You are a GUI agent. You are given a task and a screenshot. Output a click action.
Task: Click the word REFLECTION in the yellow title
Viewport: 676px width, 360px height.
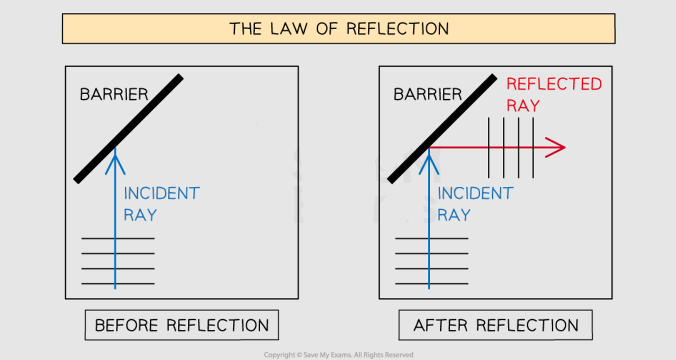tap(398, 29)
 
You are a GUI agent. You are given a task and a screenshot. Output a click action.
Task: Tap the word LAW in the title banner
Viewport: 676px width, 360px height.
tap(289, 29)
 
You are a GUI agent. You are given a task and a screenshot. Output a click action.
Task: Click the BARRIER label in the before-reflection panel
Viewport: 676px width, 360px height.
tap(114, 94)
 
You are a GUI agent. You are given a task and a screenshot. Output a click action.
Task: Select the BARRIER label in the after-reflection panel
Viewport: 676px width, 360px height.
tap(428, 94)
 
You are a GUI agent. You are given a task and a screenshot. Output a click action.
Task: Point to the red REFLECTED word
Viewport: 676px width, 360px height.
tap(554, 84)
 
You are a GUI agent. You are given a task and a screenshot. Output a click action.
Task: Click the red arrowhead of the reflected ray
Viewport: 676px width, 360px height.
tap(555, 147)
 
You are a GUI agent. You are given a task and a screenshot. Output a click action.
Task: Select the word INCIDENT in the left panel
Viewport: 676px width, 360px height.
tap(162, 193)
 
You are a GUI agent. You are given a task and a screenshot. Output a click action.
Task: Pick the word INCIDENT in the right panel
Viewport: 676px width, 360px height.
tap(475, 193)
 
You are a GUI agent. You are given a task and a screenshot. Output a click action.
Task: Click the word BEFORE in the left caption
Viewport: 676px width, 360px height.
tap(126, 325)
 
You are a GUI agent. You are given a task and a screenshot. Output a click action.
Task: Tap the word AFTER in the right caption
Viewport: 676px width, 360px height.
tap(440, 325)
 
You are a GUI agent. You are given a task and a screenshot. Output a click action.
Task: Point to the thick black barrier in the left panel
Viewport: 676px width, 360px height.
tap(128, 129)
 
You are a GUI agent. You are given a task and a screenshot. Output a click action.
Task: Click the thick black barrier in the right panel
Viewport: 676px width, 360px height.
tap(442, 129)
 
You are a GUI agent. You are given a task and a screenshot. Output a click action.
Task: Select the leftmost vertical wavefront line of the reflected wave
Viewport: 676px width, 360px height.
tap(489, 148)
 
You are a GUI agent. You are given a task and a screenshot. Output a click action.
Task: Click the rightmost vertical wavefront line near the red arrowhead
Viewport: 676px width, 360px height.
tap(533, 148)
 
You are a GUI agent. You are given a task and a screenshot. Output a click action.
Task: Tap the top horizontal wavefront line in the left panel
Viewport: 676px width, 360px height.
tap(118, 238)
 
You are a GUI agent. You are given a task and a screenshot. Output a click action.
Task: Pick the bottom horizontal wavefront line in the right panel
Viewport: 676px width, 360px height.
tap(432, 283)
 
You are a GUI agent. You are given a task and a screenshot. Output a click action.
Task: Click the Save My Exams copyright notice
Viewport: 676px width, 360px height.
tap(338, 355)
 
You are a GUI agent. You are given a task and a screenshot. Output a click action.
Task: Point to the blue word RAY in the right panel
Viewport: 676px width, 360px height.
tap(454, 215)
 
